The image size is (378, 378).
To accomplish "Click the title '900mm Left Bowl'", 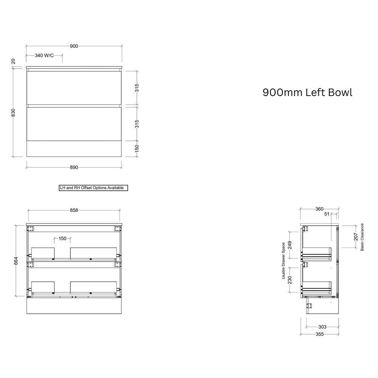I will pyautogui.click(x=307, y=93).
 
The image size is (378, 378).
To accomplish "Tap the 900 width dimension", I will pyautogui.click(x=74, y=46).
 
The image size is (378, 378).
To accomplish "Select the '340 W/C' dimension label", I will pyautogui.click(x=44, y=56).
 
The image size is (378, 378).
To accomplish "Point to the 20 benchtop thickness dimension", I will pyautogui.click(x=13, y=61).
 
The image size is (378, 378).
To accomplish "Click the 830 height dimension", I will pyautogui.click(x=13, y=113).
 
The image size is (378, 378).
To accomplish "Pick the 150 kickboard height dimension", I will pyautogui.click(x=137, y=148).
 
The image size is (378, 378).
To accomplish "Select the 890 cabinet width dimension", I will pyautogui.click(x=74, y=167).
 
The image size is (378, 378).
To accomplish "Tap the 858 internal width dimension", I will pyautogui.click(x=74, y=210).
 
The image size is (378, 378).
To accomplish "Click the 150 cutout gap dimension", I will pyautogui.click(x=62, y=239).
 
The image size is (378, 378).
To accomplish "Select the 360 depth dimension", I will pyautogui.click(x=319, y=209).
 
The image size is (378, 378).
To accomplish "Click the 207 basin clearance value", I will pyautogui.click(x=356, y=237).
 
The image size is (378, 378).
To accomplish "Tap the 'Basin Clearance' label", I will pyautogui.click(x=362, y=237).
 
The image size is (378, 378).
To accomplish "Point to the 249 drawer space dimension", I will pyautogui.click(x=290, y=245).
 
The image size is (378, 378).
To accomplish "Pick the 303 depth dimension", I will pyautogui.click(x=322, y=327).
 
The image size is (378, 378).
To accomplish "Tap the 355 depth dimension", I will pyautogui.click(x=319, y=335).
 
